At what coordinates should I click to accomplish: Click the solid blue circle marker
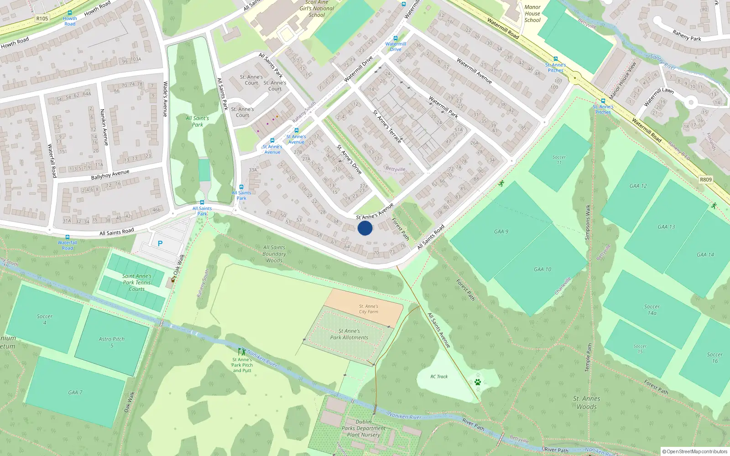[365, 228]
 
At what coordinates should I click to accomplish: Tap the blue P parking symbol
[160, 244]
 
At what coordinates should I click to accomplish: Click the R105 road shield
[42, 19]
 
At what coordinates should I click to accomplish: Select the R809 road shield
[705, 180]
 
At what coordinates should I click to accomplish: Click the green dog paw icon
[478, 382]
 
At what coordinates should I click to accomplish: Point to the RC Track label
[439, 377]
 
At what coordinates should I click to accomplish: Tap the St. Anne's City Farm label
[369, 309]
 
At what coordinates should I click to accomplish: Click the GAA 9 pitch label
[501, 232]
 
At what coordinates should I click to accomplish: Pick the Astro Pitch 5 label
[112, 342]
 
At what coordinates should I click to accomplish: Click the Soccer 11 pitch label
[559, 160]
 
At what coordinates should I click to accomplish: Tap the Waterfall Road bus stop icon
[68, 238]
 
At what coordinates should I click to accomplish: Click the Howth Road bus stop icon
[70, 13]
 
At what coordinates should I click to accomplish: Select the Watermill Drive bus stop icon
[396, 38]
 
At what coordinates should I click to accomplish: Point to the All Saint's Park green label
[198, 121]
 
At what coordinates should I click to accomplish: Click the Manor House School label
[532, 14]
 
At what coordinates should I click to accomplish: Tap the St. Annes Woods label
[587, 403]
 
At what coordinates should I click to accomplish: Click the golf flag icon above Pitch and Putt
[242, 352]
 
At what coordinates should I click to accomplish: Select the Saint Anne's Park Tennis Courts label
[137, 282]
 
